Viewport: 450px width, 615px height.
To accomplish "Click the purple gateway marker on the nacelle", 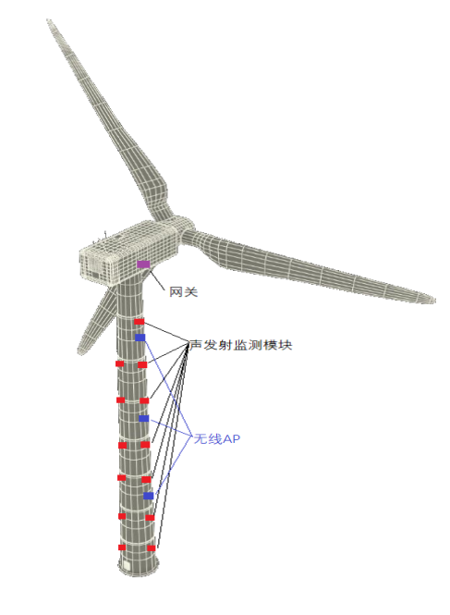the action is [143, 264].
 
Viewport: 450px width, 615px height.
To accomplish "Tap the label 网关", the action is [184, 292].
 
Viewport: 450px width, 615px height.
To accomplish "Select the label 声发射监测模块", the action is [241, 345].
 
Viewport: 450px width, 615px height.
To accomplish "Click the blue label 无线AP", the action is [217, 438].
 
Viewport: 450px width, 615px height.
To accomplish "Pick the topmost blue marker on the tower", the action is [140, 338].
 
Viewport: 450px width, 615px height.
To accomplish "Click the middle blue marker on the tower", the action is [144, 419].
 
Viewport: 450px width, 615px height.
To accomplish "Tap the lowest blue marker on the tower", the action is [148, 496].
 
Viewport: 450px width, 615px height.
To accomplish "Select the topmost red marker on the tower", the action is [140, 322].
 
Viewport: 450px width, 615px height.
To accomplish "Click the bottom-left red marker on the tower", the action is [122, 547].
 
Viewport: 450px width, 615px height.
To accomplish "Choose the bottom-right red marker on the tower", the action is [152, 547].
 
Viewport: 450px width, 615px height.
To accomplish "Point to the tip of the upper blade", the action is [48, 19].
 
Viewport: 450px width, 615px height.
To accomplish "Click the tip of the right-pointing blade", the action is [434, 300].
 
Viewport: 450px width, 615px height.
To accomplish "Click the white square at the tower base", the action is [127, 565].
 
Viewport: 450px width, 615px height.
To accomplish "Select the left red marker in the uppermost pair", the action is [119, 364].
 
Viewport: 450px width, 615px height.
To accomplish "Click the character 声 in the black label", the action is [196, 345].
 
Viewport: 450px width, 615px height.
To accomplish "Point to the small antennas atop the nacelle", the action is [100, 238].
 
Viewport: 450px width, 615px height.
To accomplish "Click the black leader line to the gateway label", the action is [156, 279].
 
